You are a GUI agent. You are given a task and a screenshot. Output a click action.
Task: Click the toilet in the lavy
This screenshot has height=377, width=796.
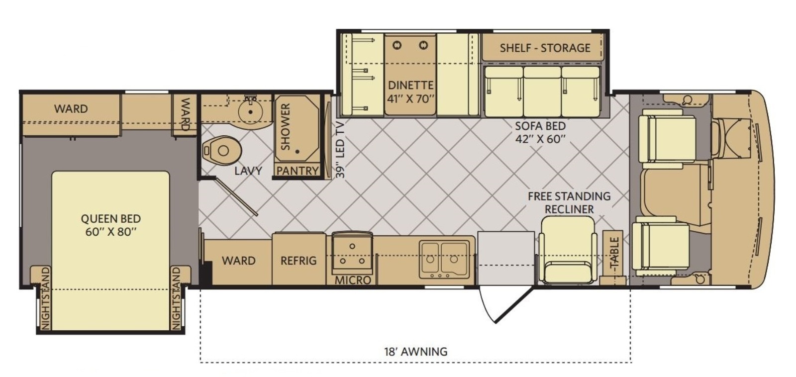tap(222, 151)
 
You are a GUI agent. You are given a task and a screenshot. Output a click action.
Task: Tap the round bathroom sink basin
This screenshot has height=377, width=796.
tap(251, 111)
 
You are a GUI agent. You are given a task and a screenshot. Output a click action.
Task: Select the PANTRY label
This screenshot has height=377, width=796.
tap(298, 171)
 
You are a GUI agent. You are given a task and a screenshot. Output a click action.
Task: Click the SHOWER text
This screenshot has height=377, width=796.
tap(286, 126)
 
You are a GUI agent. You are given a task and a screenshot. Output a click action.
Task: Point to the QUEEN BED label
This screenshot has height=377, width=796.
tap(111, 218)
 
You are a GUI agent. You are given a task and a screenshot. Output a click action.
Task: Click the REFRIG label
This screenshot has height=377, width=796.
tap(298, 261)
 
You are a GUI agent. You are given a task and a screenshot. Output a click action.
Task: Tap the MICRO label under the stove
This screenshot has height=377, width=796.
tap(353, 280)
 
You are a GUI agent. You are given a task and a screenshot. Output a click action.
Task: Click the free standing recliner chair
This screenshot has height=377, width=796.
tap(568, 250)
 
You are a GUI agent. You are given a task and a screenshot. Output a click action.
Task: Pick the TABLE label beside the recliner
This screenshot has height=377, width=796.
tap(614, 253)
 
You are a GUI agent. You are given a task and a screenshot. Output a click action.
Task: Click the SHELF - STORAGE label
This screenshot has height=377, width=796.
tap(545, 48)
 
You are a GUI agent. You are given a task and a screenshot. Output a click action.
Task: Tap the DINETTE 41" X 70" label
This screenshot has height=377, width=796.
tap(411, 92)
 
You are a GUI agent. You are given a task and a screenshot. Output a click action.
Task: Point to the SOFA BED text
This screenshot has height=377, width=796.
tap(540, 126)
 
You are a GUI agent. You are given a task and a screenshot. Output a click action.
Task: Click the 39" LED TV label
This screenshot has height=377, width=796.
tap(340, 150)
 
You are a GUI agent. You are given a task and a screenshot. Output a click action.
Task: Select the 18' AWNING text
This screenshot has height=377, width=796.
tap(416, 352)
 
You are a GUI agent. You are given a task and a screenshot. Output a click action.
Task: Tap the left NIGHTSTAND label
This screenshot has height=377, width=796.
tap(45, 298)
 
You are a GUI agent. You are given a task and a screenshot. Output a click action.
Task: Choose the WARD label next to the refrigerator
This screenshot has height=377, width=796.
tap(239, 261)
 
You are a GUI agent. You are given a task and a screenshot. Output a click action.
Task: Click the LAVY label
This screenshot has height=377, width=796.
tap(248, 171)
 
